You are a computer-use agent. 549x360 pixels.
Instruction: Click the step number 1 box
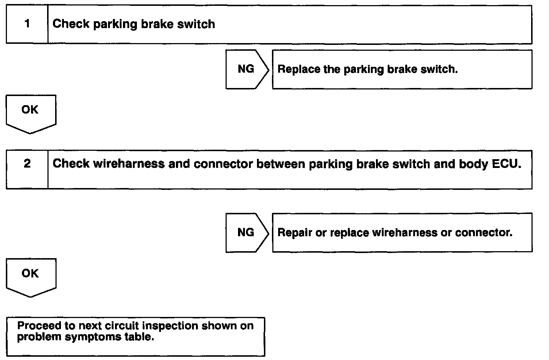click(27, 24)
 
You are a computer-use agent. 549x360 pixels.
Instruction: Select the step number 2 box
click(27, 169)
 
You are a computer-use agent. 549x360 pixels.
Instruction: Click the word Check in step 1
click(71, 24)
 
